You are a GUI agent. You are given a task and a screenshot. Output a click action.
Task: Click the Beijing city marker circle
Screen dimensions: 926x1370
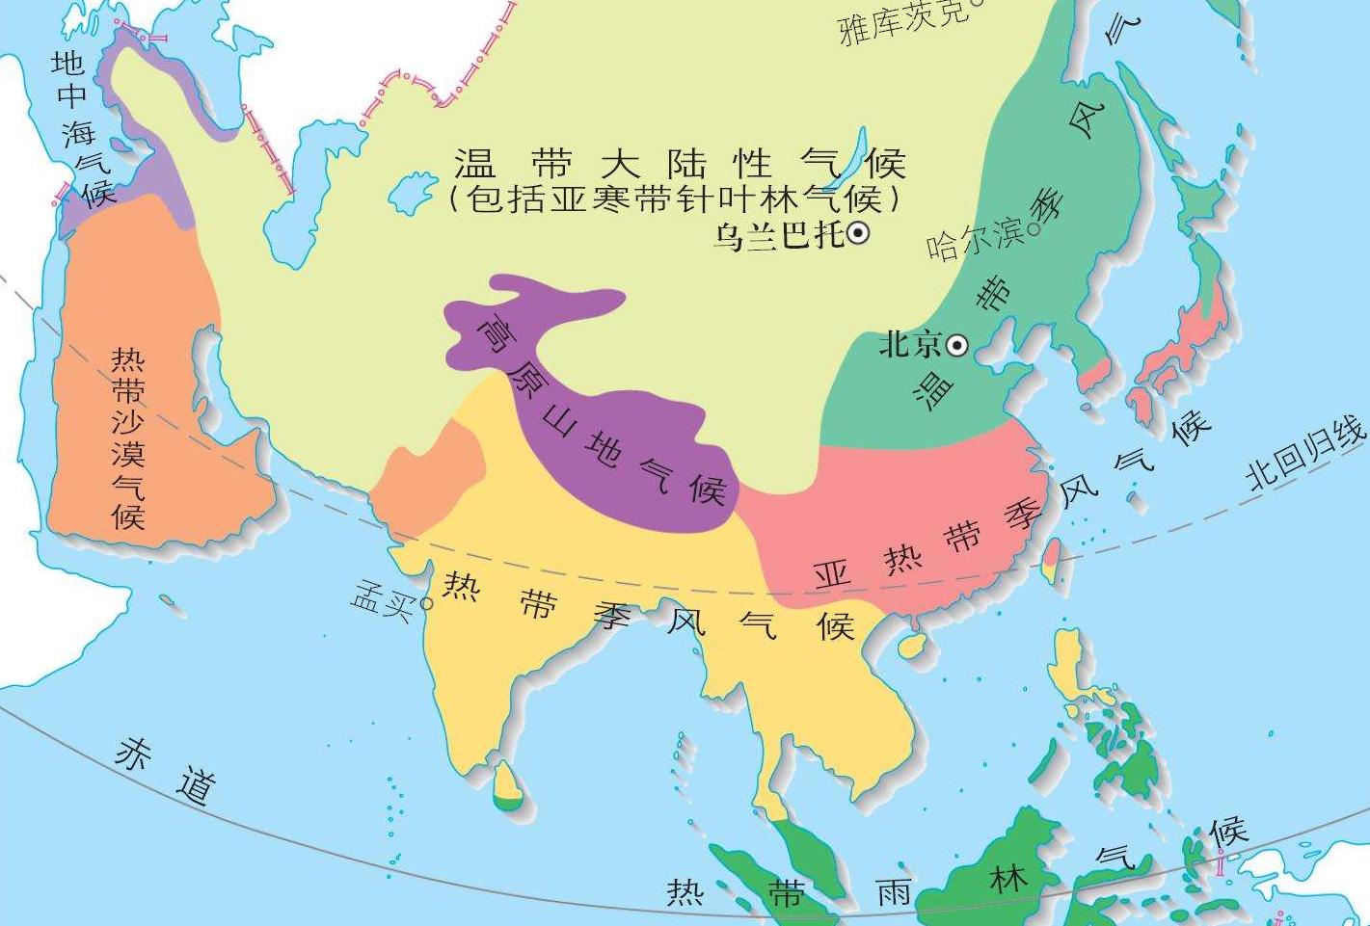tap(957, 345)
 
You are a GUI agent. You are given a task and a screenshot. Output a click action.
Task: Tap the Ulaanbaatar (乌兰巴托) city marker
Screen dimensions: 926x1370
tap(857, 232)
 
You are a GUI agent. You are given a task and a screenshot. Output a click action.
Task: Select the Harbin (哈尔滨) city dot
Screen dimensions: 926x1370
tap(1034, 228)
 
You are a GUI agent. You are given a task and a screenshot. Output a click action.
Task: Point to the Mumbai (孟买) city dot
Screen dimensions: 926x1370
tap(425, 604)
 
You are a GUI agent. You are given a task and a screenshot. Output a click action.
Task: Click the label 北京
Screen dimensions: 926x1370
tap(909, 344)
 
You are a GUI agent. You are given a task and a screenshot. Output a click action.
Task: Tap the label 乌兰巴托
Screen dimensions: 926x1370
tap(777, 234)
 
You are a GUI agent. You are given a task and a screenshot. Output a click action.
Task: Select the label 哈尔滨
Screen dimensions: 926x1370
tap(976, 238)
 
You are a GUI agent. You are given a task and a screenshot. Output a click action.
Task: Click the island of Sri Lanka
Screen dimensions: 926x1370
tap(507, 784)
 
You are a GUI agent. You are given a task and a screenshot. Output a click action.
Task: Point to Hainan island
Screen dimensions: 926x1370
tap(911, 644)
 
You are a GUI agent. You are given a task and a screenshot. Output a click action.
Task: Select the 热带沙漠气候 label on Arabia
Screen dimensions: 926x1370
tap(128, 438)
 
